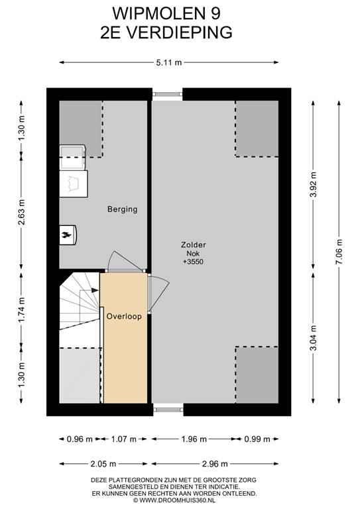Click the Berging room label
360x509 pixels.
[x=123, y=209]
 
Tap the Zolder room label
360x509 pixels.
[x=193, y=245]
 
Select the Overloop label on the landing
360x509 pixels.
[x=124, y=317]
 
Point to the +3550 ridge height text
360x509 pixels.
[x=193, y=262]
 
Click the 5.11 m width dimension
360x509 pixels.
[x=169, y=63]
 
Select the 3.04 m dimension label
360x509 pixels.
[x=313, y=338]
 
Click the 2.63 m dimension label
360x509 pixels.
[x=21, y=212]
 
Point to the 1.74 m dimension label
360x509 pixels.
[x=21, y=310]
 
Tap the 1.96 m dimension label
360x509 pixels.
[x=194, y=439]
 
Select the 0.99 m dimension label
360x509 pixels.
[x=257, y=439]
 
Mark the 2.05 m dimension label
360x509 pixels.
[x=103, y=464]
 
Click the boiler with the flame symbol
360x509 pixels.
[x=68, y=235]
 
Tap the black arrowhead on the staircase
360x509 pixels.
[x=95, y=290]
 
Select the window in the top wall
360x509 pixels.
[x=168, y=95]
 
